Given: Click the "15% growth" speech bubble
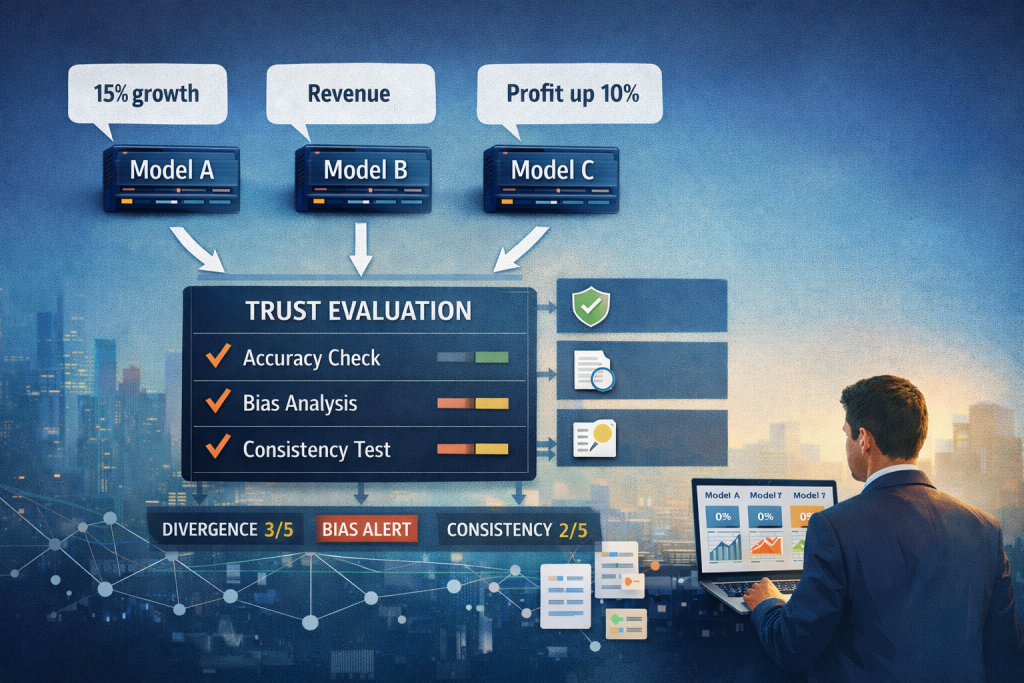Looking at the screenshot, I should coord(147,96).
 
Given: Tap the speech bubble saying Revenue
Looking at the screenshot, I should coord(349,96).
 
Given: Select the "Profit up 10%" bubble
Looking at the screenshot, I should coord(571,96).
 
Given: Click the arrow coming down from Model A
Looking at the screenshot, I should coord(199,250).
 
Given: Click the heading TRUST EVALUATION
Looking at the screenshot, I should coord(358,311).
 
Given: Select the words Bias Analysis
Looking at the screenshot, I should coord(300,404).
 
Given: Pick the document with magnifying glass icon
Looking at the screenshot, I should coord(592,370).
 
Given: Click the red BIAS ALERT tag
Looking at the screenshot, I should coord(366,529).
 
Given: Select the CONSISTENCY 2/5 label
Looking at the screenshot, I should coord(519,529).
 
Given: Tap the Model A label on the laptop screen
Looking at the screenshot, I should coord(722,494).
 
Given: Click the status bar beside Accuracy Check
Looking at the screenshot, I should coord(473,357).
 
